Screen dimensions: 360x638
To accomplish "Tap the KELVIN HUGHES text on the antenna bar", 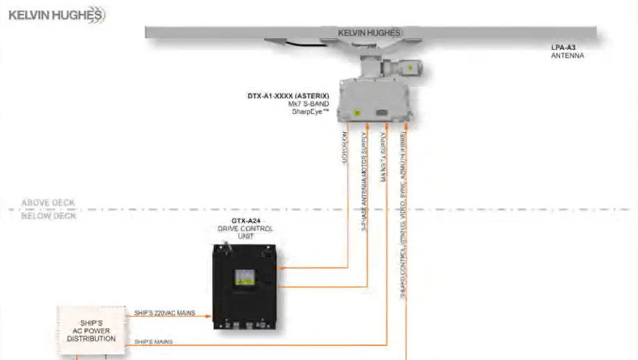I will point(369,33).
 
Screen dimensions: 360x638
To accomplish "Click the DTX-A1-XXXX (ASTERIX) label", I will point(288,97).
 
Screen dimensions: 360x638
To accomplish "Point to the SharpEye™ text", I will point(310,112).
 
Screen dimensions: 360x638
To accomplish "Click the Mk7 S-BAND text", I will point(309,104).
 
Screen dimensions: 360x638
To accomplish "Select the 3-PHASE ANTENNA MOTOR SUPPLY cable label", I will point(364,181).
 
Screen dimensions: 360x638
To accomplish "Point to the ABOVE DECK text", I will point(48,203).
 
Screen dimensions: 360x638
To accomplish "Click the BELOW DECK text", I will point(48,216).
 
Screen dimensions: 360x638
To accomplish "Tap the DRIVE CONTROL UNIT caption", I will point(245,232).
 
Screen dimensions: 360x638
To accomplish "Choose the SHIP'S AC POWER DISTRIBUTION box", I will point(91,330).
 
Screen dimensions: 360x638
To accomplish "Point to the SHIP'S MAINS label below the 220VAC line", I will point(153,342).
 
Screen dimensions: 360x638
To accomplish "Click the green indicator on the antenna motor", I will point(411,68).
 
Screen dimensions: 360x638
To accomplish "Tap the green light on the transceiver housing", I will point(357,113).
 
